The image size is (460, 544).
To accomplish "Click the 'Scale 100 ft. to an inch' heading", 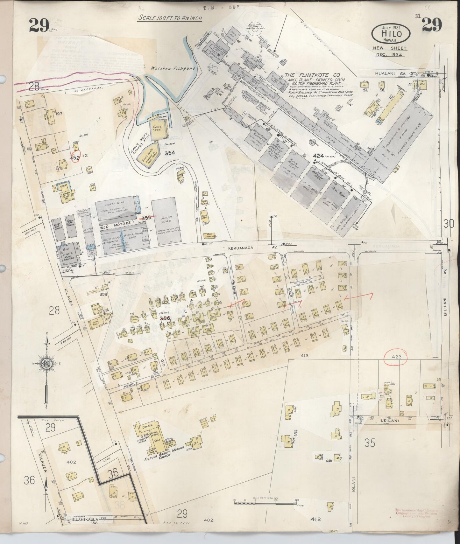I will click(x=170, y=18).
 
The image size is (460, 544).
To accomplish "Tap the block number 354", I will click(x=170, y=153).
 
